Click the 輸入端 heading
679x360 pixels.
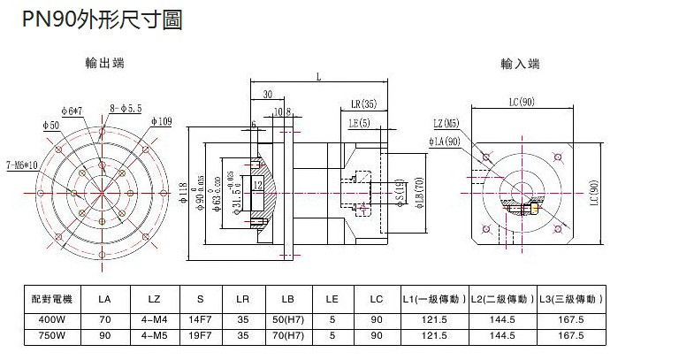pos(520,64)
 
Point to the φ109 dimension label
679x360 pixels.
pos(161,119)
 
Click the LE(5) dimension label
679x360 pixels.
pos(359,122)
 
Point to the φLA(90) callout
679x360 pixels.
pos(444,141)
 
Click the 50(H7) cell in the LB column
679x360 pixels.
pos(287,318)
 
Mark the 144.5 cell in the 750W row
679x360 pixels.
pos(502,335)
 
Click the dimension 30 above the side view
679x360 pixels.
pos(266,94)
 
